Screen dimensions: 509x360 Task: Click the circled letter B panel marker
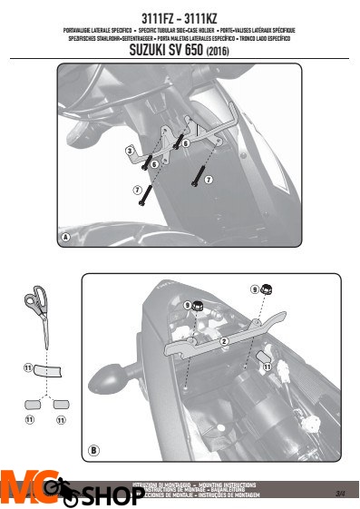93,448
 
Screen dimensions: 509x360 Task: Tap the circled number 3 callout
131,150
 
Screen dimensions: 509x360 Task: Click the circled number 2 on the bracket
223,342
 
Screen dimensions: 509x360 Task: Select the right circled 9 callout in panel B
255,289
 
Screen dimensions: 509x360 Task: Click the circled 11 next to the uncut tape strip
27,368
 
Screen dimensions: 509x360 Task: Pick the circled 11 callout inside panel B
267,368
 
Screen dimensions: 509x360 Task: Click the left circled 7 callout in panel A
138,190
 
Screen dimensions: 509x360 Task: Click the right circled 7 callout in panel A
208,181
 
